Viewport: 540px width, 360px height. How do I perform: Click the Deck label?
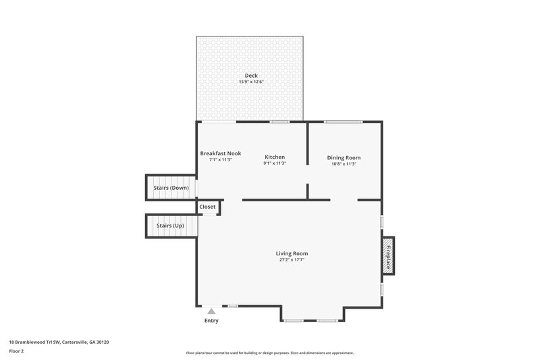point(251,76)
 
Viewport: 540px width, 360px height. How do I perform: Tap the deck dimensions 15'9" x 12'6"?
point(251,82)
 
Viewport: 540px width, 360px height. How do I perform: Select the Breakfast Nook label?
point(220,153)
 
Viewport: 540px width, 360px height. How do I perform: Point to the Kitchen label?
point(275,157)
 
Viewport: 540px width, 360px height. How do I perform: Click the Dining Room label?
point(344,157)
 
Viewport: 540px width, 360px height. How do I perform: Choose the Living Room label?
point(292,253)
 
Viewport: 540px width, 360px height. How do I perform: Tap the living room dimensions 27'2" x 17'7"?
point(292,260)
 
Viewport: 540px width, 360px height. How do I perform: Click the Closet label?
point(207,207)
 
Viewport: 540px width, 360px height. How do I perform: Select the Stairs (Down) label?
point(171,187)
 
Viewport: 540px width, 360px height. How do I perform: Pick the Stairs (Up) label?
point(169,225)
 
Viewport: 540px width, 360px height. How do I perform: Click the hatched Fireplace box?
point(388,256)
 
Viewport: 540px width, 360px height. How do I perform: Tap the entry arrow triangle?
point(211,311)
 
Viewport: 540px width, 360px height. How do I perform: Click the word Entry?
point(211,320)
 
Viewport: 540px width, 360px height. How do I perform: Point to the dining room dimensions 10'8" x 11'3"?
point(344,164)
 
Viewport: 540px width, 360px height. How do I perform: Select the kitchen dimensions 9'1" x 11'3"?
point(275,164)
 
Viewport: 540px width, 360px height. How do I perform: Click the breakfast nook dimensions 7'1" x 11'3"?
point(220,160)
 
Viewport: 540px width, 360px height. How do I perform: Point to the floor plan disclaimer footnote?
point(270,353)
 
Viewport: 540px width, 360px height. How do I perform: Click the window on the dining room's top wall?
point(343,122)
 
